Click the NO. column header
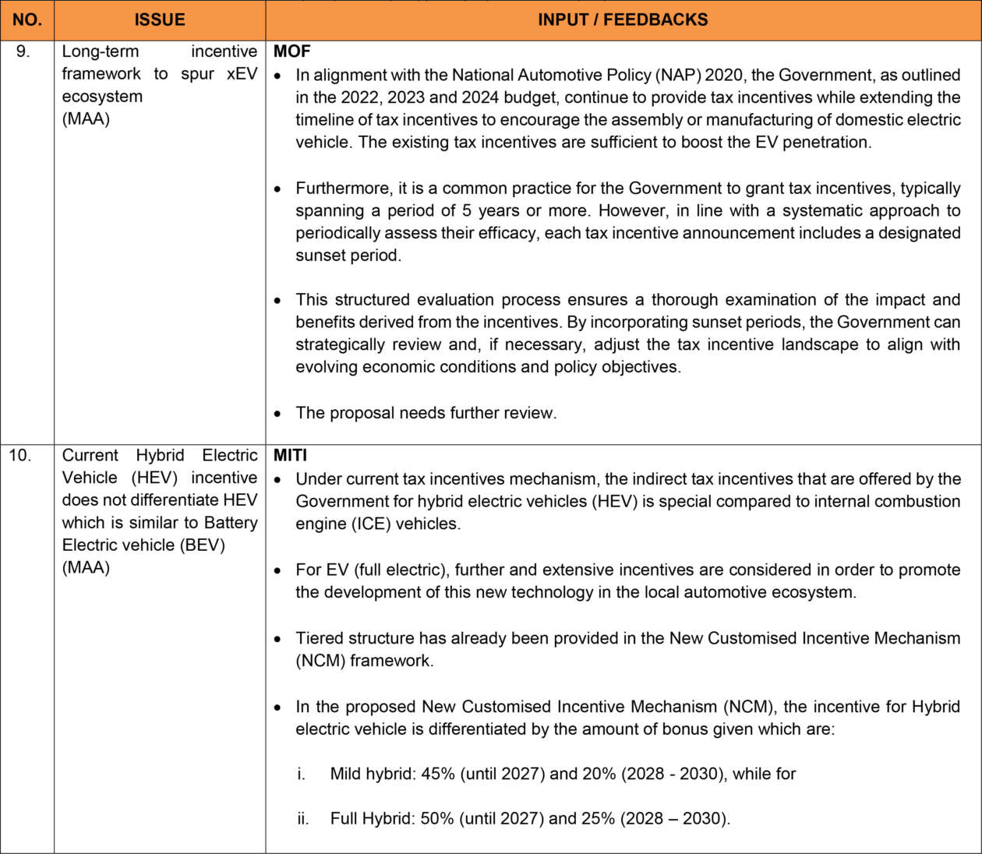click(x=26, y=20)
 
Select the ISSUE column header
click(x=160, y=20)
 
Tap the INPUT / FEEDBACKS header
click(x=623, y=20)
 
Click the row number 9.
click(x=23, y=51)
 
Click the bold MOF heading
click(x=291, y=51)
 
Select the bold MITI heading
click(x=290, y=455)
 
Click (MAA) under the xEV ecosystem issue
click(x=86, y=119)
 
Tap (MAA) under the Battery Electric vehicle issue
click(x=86, y=567)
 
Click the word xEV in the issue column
click(x=242, y=74)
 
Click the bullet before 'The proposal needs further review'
click(x=278, y=414)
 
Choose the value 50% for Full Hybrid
click(x=437, y=819)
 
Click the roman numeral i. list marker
click(x=301, y=774)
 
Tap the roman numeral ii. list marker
click(x=302, y=819)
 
